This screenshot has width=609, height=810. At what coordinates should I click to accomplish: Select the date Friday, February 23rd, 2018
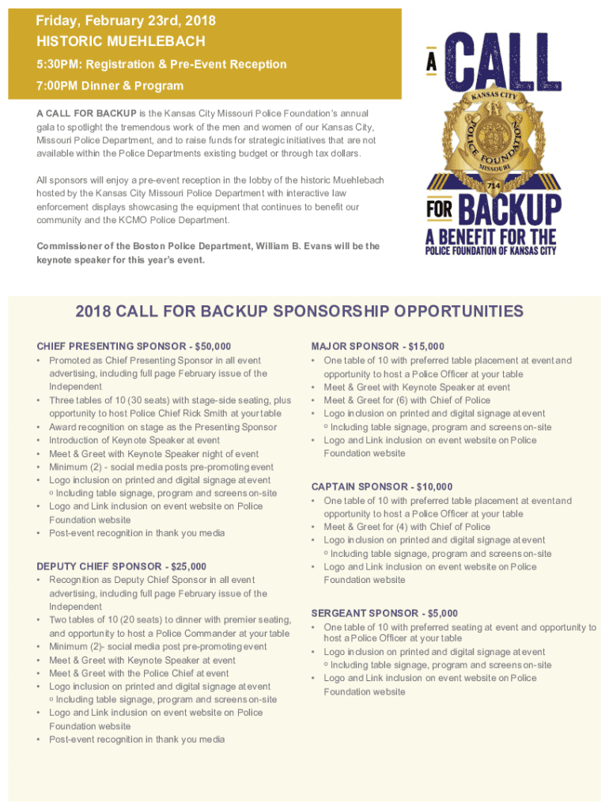[x=126, y=21]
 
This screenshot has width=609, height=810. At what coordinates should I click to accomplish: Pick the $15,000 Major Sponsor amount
[x=427, y=346]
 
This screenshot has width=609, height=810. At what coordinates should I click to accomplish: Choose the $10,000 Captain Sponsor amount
[x=436, y=486]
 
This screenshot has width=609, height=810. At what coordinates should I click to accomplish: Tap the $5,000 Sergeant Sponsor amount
[x=441, y=613]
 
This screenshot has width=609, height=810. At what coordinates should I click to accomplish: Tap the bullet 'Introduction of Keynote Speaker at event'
[x=134, y=441]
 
